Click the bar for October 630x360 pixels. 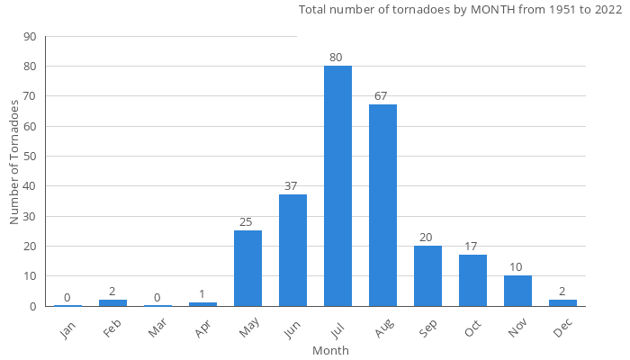click(472, 280)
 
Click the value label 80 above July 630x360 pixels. click(336, 58)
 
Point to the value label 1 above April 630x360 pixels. click(202, 294)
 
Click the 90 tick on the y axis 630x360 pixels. click(30, 37)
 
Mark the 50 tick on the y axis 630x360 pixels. click(30, 157)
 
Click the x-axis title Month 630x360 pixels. click(330, 350)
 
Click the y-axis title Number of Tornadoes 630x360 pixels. click(14, 162)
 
